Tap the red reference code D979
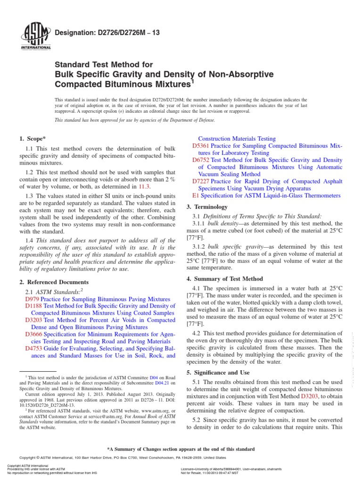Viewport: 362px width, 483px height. point(32,299)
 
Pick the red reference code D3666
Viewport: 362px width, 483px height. point(33,333)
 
